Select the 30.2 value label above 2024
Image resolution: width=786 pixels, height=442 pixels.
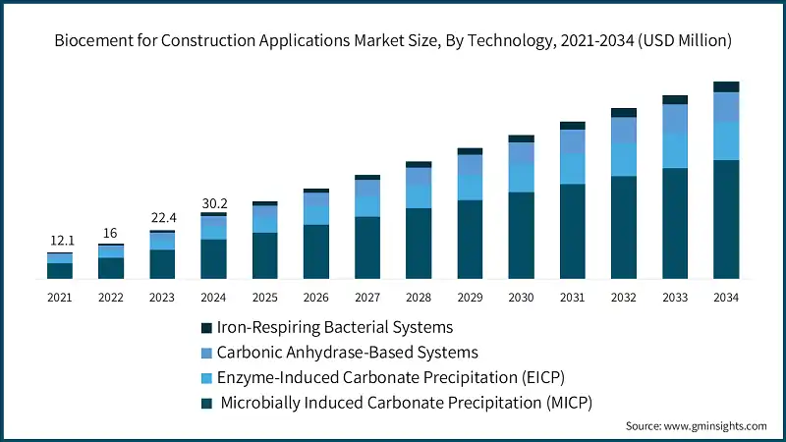(x=213, y=203)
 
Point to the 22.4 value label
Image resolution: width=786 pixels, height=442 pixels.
(x=162, y=219)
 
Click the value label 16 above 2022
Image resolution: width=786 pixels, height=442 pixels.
(x=111, y=233)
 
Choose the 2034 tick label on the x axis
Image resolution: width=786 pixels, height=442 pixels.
(x=726, y=297)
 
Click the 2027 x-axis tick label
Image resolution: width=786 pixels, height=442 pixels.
(x=367, y=297)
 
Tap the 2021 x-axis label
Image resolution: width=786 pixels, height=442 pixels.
(x=60, y=297)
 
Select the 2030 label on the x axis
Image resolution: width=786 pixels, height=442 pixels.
(x=521, y=297)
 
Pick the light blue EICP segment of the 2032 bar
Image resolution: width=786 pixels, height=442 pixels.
(x=624, y=159)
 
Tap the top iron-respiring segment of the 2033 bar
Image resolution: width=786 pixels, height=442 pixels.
(x=675, y=99)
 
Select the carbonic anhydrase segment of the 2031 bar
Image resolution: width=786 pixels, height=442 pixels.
(x=573, y=142)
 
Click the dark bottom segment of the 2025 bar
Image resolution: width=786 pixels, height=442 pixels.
(x=264, y=255)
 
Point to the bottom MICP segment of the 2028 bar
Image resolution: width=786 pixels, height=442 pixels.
(x=419, y=244)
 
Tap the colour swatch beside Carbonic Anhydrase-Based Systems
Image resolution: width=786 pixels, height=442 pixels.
(x=205, y=353)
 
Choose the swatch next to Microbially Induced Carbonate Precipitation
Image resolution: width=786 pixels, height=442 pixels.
(x=205, y=403)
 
